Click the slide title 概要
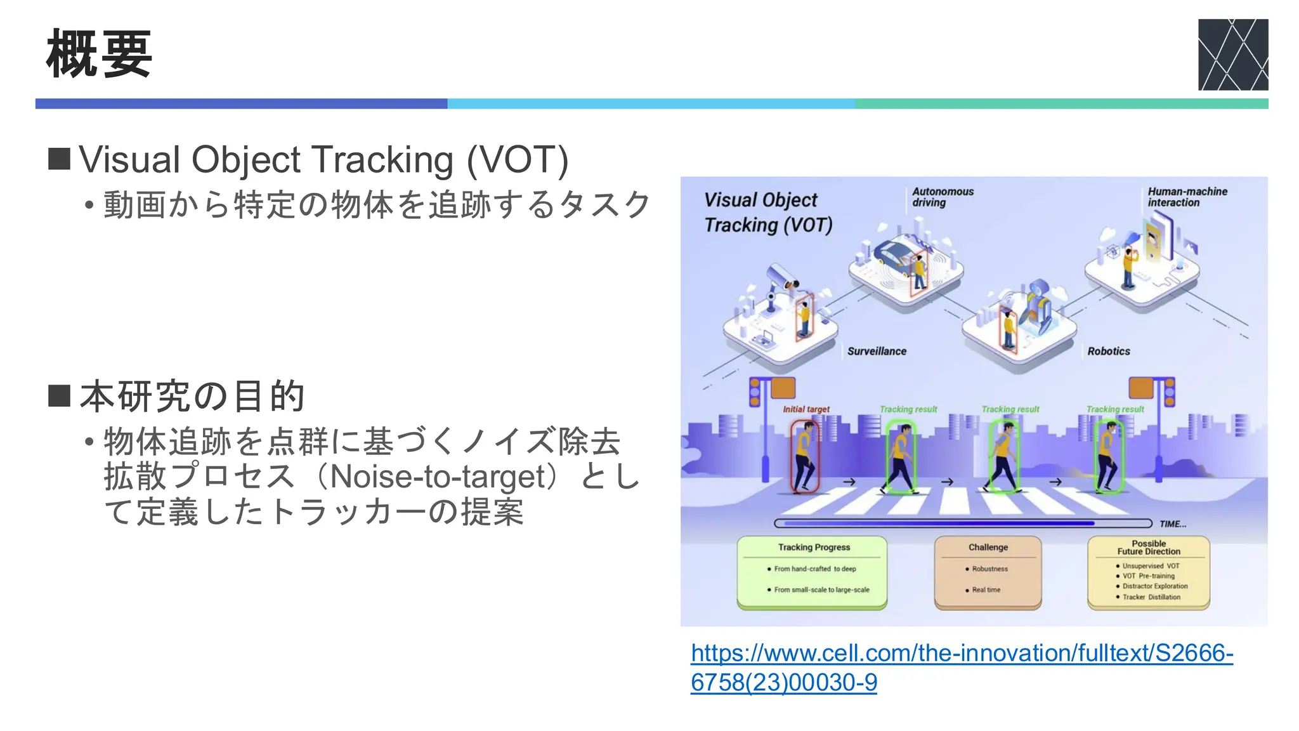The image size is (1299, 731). [99, 55]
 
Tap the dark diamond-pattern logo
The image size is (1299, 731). [1232, 55]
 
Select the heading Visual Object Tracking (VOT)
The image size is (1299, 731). [323, 159]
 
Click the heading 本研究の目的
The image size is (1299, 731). [192, 396]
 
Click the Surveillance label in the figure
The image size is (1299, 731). [877, 351]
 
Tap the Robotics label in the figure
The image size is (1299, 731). [1108, 351]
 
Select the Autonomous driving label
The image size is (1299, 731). [942, 197]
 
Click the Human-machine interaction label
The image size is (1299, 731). [1187, 197]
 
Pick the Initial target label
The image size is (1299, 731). [806, 409]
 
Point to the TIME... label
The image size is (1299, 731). [1172, 524]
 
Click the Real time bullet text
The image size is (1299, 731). [986, 590]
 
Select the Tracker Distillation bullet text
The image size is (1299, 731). [1151, 597]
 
